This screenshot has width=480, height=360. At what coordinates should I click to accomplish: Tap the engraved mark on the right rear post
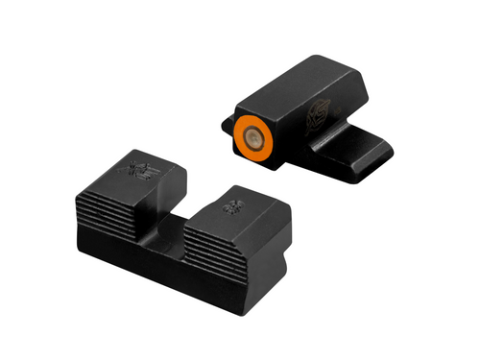click(x=230, y=204)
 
